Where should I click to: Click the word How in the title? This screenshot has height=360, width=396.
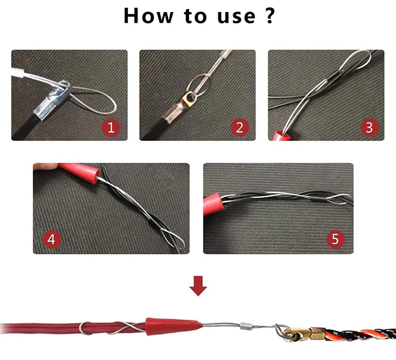click(149, 16)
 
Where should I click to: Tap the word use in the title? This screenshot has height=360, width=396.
click(236, 17)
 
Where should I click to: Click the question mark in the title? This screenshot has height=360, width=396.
click(270, 16)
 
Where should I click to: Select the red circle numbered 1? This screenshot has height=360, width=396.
click(111, 127)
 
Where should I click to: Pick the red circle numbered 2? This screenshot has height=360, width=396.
click(240, 127)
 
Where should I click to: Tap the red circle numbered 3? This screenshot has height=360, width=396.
click(370, 127)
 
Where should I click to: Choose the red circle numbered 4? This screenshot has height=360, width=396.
click(52, 239)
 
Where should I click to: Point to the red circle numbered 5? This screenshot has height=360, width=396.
click(335, 239)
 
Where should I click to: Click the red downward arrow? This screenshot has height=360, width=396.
click(198, 286)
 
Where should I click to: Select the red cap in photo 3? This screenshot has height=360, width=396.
click(281, 136)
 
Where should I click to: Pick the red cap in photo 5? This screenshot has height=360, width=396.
click(214, 204)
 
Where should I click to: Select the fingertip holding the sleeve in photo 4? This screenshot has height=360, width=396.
click(46, 166)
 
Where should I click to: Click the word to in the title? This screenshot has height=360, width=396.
click(195, 16)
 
